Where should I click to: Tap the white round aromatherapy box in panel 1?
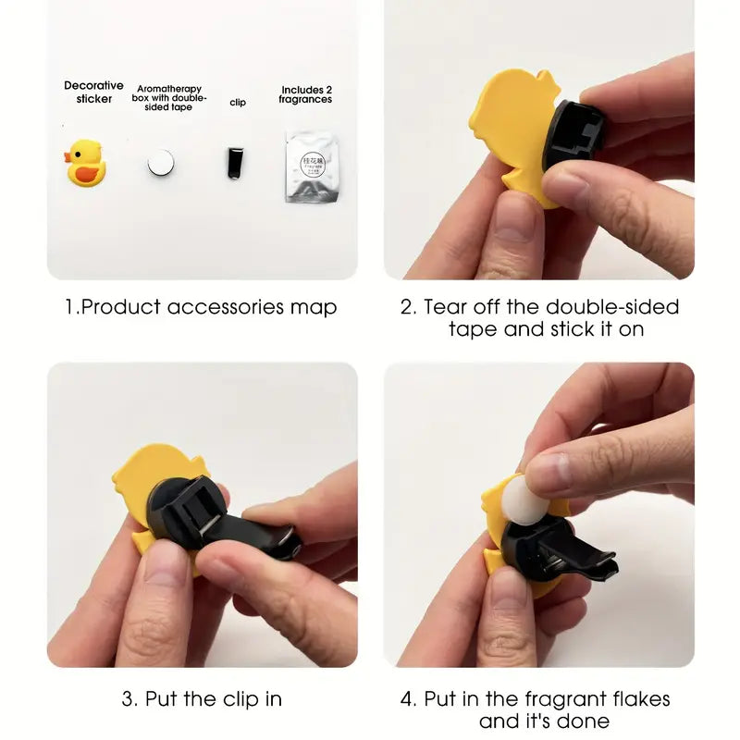tap(160, 164)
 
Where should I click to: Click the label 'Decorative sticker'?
tap(93, 92)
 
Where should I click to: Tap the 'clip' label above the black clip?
tap(238, 103)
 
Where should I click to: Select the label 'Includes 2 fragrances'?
tap(305, 94)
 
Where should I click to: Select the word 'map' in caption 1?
tap(317, 306)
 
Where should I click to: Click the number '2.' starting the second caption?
tap(408, 306)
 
